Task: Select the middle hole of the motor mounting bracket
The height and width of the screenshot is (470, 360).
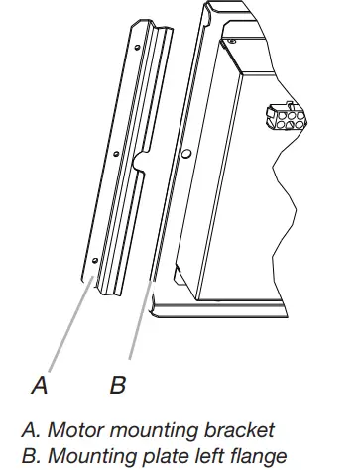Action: click(117, 156)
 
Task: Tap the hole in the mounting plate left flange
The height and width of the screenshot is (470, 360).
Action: click(184, 154)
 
